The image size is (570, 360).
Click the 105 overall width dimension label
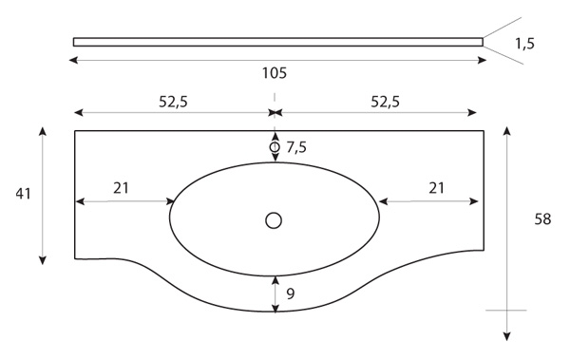pyautogui.click(x=275, y=73)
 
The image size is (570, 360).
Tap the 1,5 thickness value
pyautogui.click(x=524, y=44)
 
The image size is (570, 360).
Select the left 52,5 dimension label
pyautogui.click(x=173, y=102)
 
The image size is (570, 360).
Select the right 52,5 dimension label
pyautogui.click(x=385, y=102)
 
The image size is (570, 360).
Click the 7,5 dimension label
pyautogui.click(x=296, y=147)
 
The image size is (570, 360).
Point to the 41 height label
pyautogui.click(x=23, y=194)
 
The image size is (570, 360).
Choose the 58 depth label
pyautogui.click(x=542, y=219)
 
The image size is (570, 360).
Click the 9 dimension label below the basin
pyautogui.click(x=290, y=294)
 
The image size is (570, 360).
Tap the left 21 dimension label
pyautogui.click(x=121, y=188)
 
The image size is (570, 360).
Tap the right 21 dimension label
pyautogui.click(x=436, y=188)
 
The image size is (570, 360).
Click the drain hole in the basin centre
pyautogui.click(x=274, y=220)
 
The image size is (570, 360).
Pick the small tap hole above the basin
pyautogui.click(x=275, y=147)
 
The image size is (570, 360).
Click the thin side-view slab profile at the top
pyautogui.click(x=278, y=42)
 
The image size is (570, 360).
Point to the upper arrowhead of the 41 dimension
pyautogui.click(x=43, y=131)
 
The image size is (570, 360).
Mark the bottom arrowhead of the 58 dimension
pyautogui.click(x=507, y=336)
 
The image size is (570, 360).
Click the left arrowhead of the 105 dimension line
pyautogui.click(x=73, y=60)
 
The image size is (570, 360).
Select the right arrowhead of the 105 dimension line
pyautogui.click(x=483, y=60)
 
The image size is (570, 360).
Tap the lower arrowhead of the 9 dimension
pyautogui.click(x=275, y=309)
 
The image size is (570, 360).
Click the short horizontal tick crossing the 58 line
pyautogui.click(x=506, y=311)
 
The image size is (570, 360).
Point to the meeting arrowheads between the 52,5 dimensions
pyautogui.click(x=275, y=113)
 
